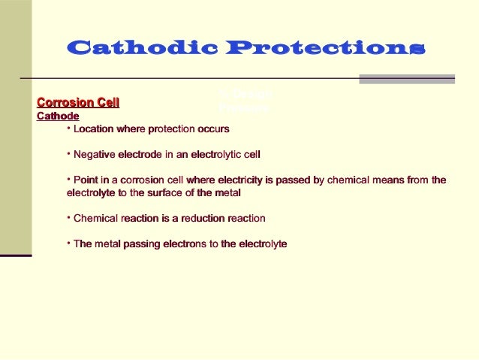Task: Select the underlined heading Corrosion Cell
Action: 78,102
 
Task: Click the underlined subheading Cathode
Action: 58,116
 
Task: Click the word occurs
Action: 213,129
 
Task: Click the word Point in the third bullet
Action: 87,180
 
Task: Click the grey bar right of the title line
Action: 406,78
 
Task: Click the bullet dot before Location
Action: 68,128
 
